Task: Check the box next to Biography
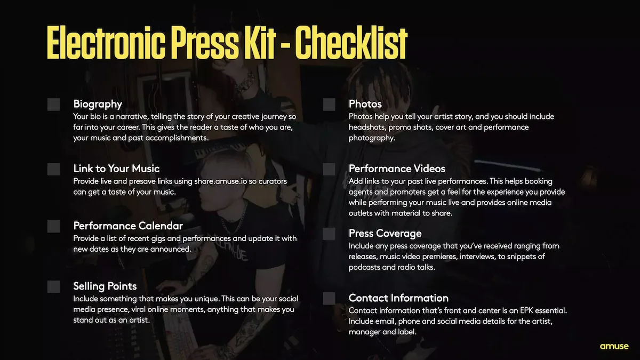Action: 53,105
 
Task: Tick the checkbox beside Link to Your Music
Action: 53,170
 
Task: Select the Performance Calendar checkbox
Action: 53,227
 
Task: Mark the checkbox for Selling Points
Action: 53,287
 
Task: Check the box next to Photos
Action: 329,105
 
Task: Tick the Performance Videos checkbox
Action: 329,170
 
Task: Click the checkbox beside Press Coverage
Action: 329,234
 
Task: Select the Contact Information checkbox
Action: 329,299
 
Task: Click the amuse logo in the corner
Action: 614,346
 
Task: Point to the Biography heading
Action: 98,104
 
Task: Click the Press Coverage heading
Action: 385,234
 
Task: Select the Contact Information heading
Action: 398,298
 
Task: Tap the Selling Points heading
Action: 105,286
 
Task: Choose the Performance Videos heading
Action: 397,169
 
